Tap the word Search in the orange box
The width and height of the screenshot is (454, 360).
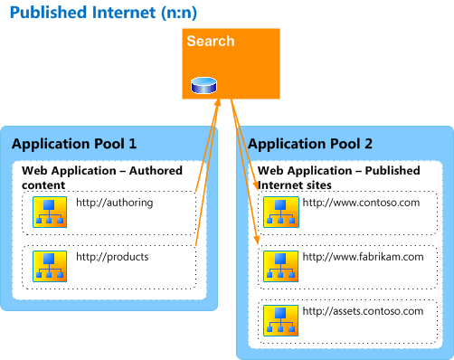pyautogui.click(x=210, y=42)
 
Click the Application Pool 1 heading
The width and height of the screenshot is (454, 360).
pyautogui.click(x=74, y=144)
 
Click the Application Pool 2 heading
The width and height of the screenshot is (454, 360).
pyautogui.click(x=309, y=144)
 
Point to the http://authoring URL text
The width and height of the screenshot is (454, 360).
pyautogui.click(x=114, y=204)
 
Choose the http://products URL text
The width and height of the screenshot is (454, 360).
pyautogui.click(x=111, y=257)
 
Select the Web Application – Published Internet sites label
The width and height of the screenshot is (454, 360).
pyautogui.click(x=342, y=178)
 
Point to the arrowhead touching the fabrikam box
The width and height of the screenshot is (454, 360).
pyautogui.click(x=258, y=239)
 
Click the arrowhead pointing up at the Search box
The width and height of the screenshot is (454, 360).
pyautogui.click(x=217, y=105)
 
